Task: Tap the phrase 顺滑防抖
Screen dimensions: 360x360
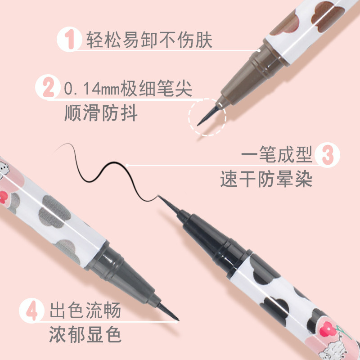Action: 101,112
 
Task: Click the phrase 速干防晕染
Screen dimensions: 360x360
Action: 266,180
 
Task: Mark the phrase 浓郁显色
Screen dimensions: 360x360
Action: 85,335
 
